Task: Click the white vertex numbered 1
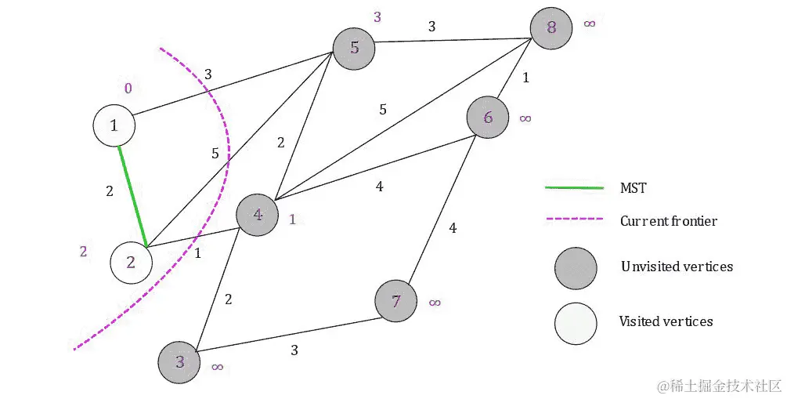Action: point(114,125)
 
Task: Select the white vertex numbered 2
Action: point(131,263)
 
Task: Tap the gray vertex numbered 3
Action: point(180,361)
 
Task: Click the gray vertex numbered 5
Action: point(354,48)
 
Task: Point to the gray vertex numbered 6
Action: point(488,118)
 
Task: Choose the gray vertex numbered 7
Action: point(396,302)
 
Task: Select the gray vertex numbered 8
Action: point(551,28)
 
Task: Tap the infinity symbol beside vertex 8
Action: point(589,24)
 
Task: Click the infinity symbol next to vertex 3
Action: point(218,366)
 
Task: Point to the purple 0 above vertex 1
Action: point(128,88)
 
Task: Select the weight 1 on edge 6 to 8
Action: point(525,78)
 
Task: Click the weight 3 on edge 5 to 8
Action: point(431,27)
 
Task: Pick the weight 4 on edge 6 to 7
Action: point(452,228)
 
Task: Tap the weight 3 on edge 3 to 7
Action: point(294,350)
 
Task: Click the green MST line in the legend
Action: point(574,188)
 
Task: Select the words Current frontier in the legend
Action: point(668,221)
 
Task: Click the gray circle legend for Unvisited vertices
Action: point(576,267)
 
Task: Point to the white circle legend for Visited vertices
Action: point(576,322)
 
